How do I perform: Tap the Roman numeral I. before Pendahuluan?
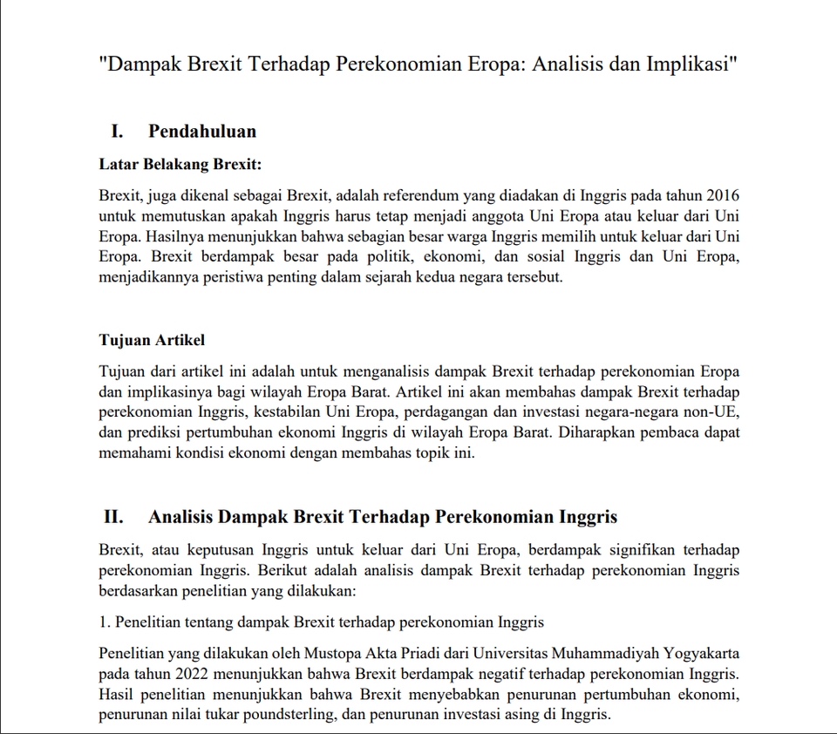coord(116,132)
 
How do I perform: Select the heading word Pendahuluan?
coord(202,132)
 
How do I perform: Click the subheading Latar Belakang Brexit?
coord(180,163)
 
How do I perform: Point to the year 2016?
coord(722,194)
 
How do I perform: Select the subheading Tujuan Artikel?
coord(152,339)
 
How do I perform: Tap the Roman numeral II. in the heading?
coord(113,517)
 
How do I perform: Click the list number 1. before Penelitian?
coord(105,622)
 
